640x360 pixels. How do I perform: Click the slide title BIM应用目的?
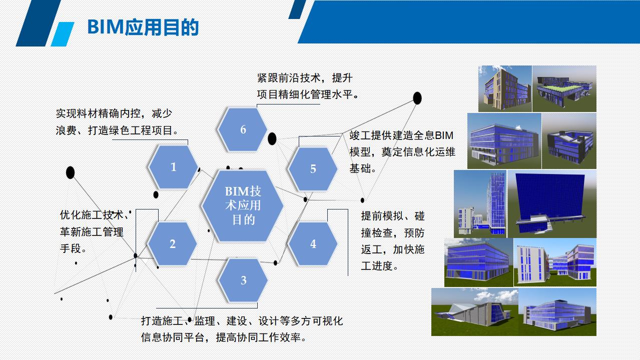[143, 27]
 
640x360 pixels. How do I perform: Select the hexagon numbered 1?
[174, 167]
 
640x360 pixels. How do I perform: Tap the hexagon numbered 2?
[173, 244]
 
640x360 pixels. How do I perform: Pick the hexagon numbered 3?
[243, 280]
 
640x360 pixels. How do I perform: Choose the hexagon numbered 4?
[313, 244]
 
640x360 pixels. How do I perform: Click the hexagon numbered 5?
[313, 169]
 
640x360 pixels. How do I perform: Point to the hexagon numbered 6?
[243, 129]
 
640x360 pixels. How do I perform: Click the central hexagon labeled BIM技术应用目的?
[243, 205]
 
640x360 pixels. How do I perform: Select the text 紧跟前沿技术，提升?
[305, 78]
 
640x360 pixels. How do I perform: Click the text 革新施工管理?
[92, 231]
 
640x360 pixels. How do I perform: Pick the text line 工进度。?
[380, 266]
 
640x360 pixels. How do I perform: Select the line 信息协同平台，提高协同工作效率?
[224, 337]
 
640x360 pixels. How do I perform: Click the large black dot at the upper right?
[417, 98]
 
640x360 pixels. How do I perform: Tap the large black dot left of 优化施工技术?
[70, 173]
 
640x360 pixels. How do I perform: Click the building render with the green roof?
[564, 88]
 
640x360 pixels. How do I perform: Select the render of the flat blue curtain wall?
[552, 204]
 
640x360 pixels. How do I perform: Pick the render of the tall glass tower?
[480, 204]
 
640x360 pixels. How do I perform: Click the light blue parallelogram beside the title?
[62, 34]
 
